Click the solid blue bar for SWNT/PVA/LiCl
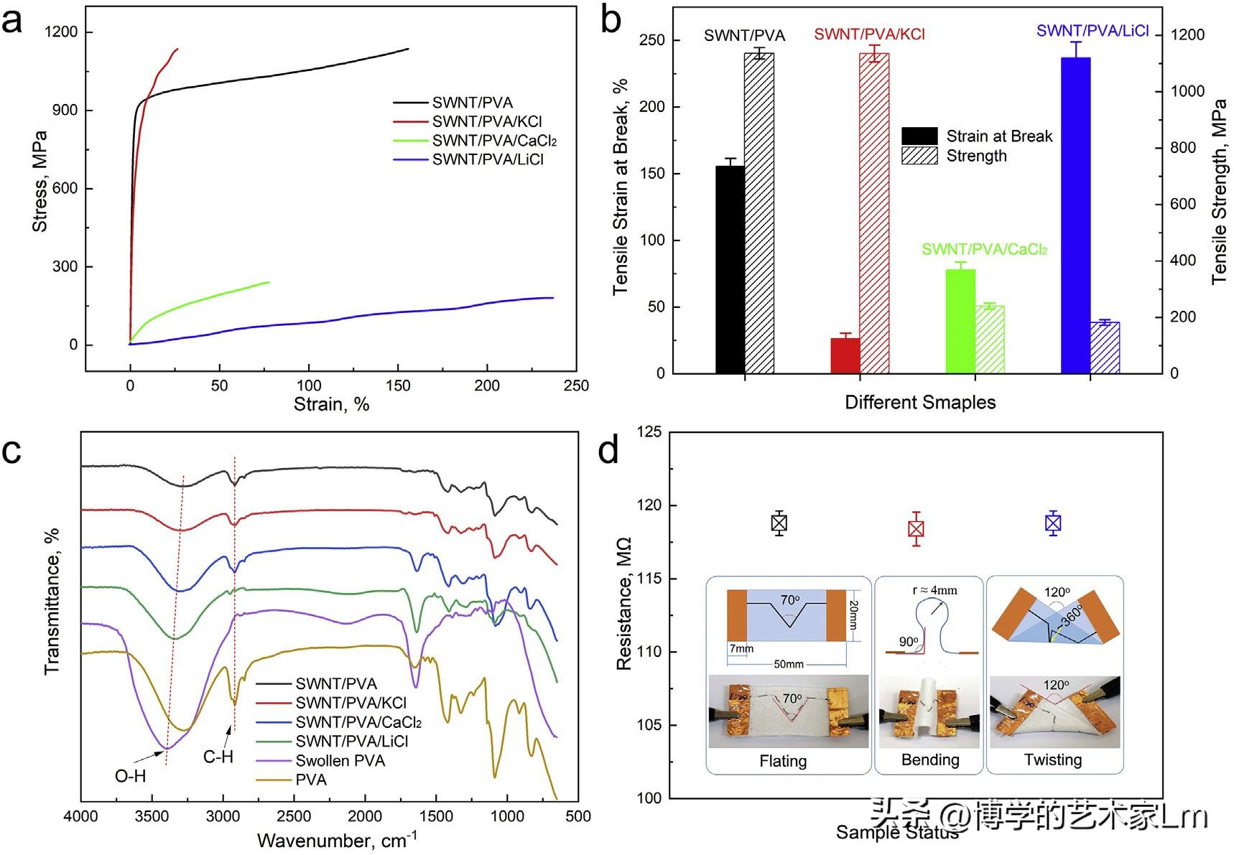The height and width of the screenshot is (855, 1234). [x=1075, y=215]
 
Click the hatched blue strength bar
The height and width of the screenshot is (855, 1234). [x=1105, y=348]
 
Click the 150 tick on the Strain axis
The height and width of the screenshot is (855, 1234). [x=398, y=386]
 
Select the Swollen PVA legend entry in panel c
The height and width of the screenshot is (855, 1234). [x=340, y=760]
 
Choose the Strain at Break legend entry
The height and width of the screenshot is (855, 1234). [x=998, y=136]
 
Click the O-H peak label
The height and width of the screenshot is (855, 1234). [x=130, y=775]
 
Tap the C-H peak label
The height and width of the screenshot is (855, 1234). [x=218, y=757]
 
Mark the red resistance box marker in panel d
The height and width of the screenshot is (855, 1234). [x=916, y=529]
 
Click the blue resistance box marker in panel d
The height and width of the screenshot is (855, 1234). [x=1053, y=523]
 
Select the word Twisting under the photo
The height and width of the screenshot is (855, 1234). [x=1053, y=760]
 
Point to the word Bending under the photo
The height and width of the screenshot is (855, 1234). [x=930, y=760]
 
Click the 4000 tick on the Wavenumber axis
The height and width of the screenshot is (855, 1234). [x=81, y=816]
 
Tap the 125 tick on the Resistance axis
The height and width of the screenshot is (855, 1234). [x=649, y=432]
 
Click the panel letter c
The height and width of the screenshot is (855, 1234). [x=12, y=452]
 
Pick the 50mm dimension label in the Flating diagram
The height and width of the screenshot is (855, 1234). [x=788, y=664]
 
